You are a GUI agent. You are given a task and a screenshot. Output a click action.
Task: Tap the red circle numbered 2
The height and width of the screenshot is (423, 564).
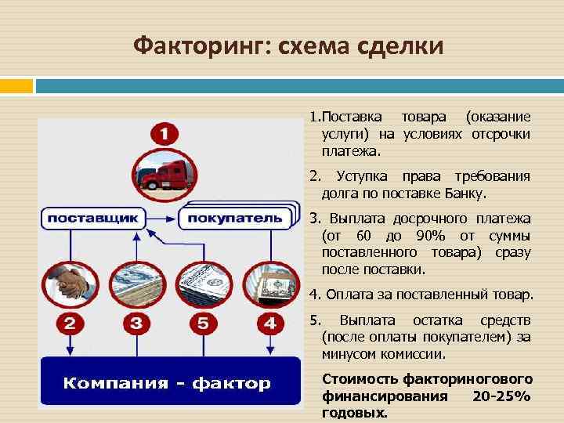pos(68,323)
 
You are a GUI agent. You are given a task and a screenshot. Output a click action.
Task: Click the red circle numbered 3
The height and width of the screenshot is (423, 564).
pos(136,323)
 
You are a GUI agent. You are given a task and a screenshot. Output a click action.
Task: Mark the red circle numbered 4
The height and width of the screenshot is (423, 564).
pos(271,323)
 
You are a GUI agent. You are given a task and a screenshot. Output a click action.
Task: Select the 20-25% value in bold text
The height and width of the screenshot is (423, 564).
pos(502,396)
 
